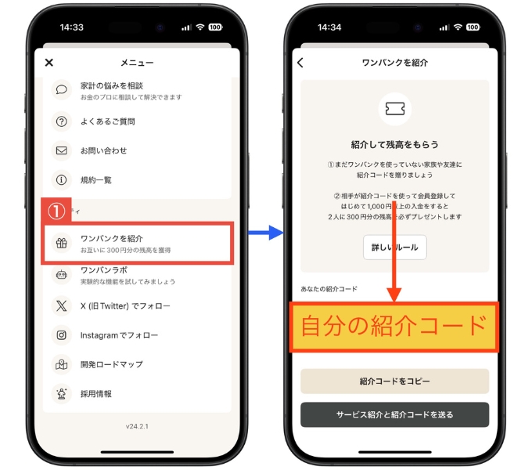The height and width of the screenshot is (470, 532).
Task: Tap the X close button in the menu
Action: pos(49,63)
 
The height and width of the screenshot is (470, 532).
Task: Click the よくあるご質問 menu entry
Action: pos(107,121)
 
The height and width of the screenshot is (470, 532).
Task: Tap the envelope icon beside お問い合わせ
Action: pos(61,150)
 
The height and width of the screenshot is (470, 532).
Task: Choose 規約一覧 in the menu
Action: pos(95,179)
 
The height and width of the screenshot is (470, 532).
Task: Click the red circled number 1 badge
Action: pos(56,211)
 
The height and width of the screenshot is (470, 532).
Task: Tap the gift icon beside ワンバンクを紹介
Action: pos(61,243)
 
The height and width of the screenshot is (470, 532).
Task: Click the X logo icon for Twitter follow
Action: pos(61,305)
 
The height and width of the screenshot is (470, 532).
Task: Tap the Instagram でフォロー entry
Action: pos(119,335)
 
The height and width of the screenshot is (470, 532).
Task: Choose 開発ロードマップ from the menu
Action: pos(111,364)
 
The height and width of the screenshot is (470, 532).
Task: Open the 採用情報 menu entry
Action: pos(95,393)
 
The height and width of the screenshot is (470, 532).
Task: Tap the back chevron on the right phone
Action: pos(300,63)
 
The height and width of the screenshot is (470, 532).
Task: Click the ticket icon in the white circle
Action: pos(394,109)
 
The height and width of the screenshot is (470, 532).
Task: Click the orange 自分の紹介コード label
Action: pos(394,325)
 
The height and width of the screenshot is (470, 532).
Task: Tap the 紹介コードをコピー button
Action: pos(394,381)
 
